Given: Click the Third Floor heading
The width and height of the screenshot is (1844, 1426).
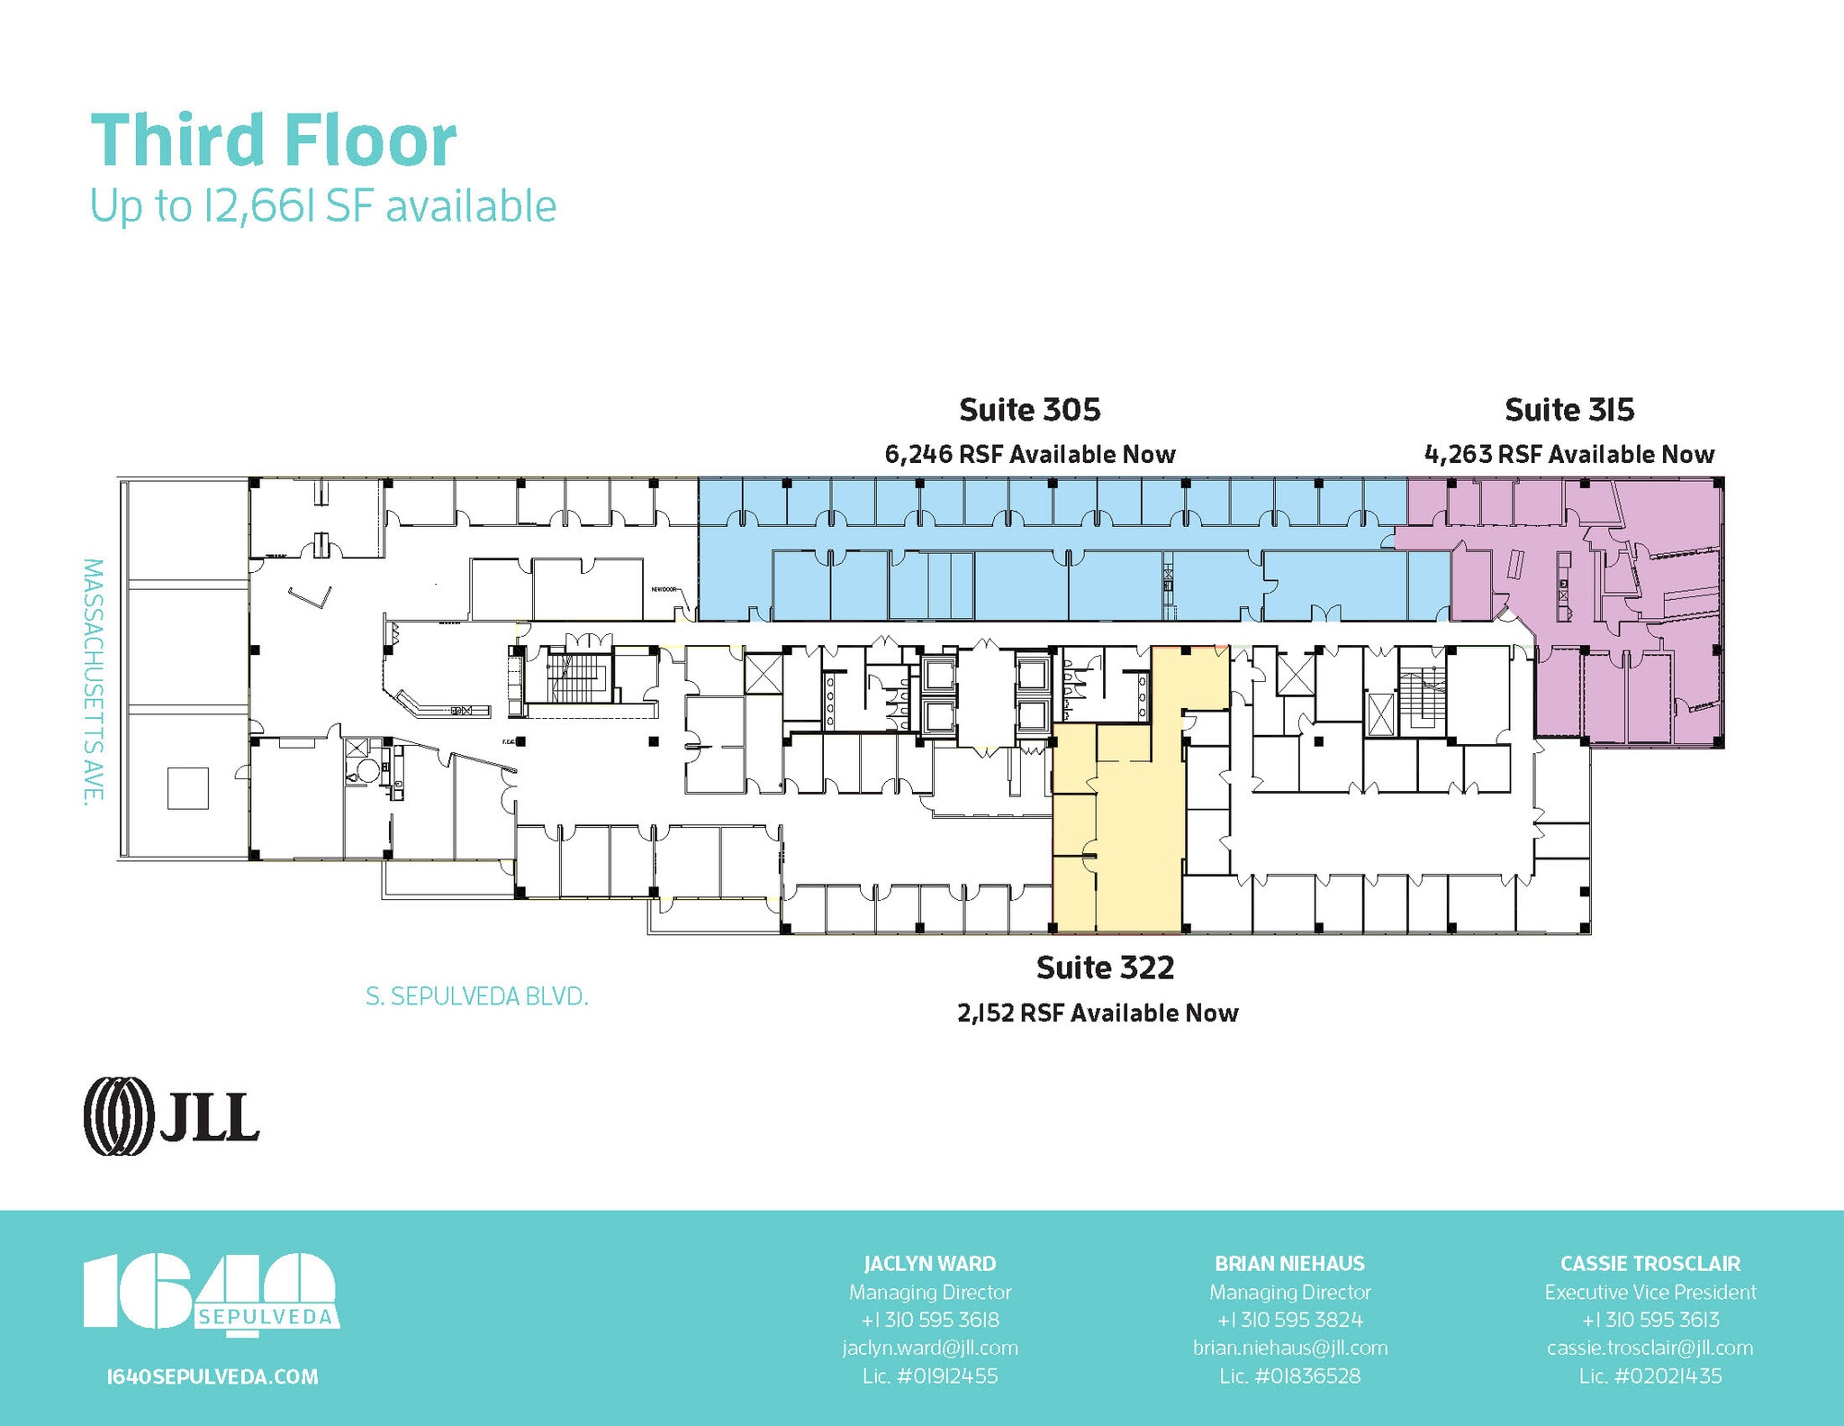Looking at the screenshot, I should click(x=274, y=141).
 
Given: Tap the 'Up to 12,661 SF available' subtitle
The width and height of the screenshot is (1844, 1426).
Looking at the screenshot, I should click(x=322, y=206).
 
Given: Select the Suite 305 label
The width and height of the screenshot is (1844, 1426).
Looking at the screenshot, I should click(x=1029, y=410).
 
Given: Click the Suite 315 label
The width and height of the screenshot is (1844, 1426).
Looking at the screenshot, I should click(x=1568, y=410).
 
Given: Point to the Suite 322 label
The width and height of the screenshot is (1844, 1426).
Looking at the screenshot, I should click(x=1105, y=967).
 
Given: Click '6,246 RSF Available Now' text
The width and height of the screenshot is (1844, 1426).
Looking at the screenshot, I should click(x=1029, y=454).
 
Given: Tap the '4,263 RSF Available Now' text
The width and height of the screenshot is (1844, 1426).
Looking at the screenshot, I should click(x=1568, y=454).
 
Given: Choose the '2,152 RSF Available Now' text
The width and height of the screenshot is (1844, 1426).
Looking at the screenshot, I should click(x=1098, y=1013).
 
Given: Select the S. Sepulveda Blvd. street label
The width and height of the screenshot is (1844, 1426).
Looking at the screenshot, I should click(x=476, y=997).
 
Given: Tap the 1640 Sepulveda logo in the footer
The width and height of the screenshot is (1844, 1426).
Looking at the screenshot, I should click(x=211, y=1292).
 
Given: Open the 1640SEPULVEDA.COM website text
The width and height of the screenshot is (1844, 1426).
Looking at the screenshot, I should click(x=212, y=1376).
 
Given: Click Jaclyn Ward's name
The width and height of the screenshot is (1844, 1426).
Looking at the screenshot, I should click(x=929, y=1263).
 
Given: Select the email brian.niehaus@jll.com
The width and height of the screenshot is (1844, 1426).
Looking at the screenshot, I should click(x=1289, y=1348).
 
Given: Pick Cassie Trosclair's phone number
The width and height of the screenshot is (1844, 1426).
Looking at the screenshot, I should click(x=1650, y=1320).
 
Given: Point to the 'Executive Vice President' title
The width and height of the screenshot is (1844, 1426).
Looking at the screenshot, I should click(x=1650, y=1292).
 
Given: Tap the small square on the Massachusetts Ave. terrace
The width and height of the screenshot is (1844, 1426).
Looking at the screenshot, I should click(x=187, y=787).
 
